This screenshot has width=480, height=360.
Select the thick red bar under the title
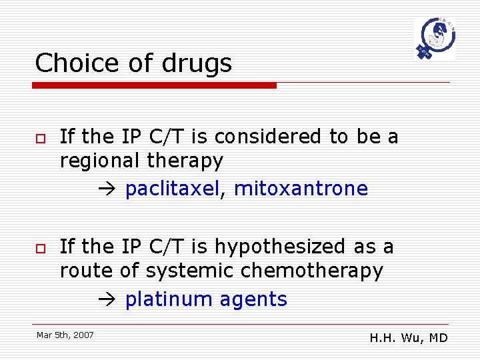(155, 85)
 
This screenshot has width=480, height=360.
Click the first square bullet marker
(40, 137)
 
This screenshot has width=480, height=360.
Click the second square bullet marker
(40, 247)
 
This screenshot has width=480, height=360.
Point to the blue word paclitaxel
(172, 189)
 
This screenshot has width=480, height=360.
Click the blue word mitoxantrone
(301, 189)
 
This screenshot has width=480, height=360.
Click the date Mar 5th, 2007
(65, 335)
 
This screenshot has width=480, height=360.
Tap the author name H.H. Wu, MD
(409, 338)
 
